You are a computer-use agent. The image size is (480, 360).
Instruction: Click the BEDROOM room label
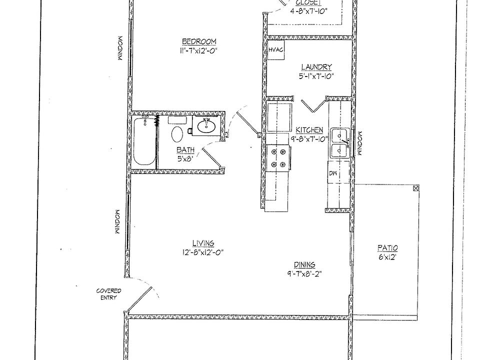tap(198, 41)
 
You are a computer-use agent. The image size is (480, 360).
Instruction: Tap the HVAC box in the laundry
tap(275, 50)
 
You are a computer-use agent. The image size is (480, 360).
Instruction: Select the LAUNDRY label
tap(316, 67)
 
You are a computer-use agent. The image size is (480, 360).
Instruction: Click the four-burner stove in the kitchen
tap(278, 157)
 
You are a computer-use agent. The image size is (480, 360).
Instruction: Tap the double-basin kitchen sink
tap(341, 143)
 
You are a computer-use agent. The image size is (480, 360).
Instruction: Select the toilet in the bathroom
tap(177, 134)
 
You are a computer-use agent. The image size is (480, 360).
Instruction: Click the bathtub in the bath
tap(144, 142)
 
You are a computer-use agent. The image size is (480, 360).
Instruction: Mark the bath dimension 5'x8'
tap(184, 159)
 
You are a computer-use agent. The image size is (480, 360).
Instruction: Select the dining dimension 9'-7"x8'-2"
tap(303, 273)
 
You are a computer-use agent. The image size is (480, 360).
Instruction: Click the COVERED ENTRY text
tap(108, 294)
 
